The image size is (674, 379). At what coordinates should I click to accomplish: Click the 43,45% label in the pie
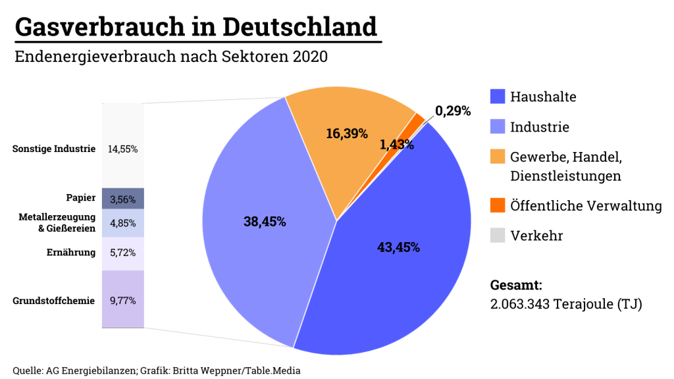[398, 247]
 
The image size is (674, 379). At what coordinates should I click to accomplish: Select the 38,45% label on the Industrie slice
[265, 222]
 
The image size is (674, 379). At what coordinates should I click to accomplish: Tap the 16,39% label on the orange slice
[347, 134]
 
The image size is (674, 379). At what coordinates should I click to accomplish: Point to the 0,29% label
[453, 111]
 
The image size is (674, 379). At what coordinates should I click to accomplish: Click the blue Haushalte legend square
[498, 97]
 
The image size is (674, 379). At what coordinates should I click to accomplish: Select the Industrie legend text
[540, 127]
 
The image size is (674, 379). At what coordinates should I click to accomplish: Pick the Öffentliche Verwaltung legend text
[586, 206]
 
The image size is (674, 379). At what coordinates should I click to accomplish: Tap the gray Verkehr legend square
[498, 236]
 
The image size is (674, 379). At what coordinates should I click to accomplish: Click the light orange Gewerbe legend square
[498, 157]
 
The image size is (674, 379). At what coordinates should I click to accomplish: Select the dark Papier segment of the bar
[122, 198]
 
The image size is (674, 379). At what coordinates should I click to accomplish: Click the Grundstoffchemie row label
[54, 301]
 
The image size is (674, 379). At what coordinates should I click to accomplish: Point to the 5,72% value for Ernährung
[122, 253]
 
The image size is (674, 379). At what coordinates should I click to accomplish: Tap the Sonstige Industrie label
[54, 149]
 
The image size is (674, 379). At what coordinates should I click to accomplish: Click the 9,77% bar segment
[122, 300]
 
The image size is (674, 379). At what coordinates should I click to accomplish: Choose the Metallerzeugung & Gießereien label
[58, 223]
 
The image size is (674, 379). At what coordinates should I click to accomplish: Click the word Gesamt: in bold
[517, 286]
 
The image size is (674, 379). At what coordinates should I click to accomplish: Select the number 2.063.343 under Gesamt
[521, 305]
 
